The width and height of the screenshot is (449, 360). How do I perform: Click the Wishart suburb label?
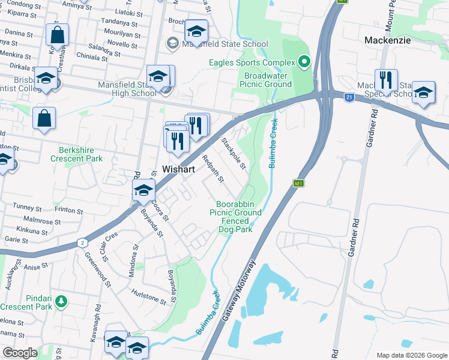[x=178, y=170]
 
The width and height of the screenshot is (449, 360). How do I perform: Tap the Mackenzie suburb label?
[x=388, y=40]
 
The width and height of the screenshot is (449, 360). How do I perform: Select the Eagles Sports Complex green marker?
[x=304, y=62]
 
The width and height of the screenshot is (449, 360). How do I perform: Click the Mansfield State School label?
[x=224, y=44]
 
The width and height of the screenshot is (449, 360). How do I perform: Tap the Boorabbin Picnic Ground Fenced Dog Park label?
[x=235, y=217]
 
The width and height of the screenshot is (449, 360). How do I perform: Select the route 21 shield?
[x=349, y=96]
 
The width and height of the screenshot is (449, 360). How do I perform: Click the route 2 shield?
[x=81, y=242]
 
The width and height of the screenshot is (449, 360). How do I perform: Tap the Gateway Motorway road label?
[x=239, y=291]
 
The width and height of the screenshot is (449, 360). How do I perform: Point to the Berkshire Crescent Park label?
[x=80, y=155]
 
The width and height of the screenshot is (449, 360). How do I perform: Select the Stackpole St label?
[x=234, y=152]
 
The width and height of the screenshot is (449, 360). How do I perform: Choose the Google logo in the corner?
[x=20, y=353]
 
